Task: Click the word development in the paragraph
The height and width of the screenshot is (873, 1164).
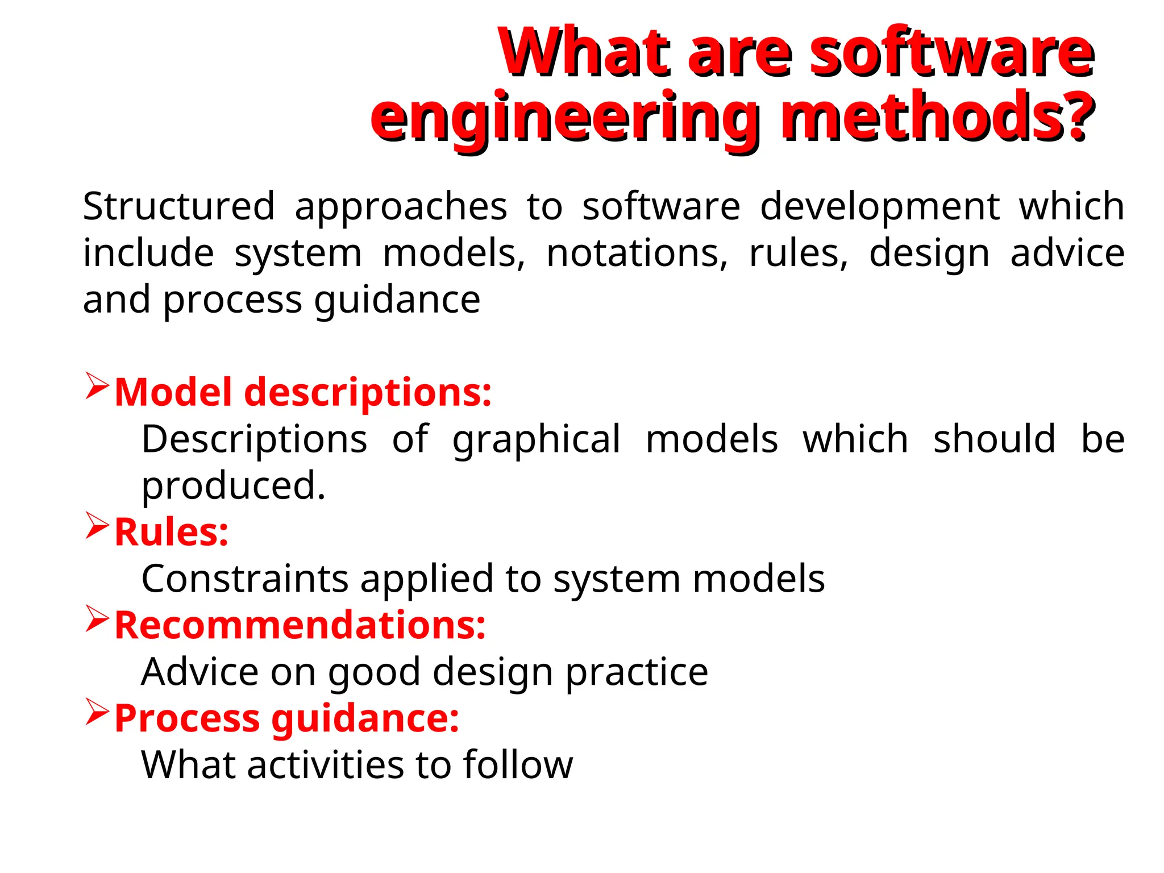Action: pos(879,206)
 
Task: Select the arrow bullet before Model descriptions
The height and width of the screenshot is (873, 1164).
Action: pos(97,386)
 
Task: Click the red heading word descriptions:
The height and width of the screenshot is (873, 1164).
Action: pos(368,393)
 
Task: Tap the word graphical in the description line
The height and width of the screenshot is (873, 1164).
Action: pos(537,439)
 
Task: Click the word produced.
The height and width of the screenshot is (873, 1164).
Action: pos(233,487)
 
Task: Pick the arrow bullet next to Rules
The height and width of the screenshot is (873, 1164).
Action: pos(97,526)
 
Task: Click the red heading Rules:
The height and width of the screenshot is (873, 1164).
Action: pos(171,533)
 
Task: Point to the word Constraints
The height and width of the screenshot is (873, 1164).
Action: pos(244,579)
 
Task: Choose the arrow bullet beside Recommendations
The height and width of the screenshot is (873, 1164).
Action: pos(97,619)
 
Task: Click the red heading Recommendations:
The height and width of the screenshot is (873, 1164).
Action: pos(300,626)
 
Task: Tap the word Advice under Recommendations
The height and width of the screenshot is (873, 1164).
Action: pos(199,672)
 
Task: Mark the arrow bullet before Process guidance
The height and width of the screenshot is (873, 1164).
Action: pos(97,712)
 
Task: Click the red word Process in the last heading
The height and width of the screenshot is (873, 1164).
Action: pos(187,719)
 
